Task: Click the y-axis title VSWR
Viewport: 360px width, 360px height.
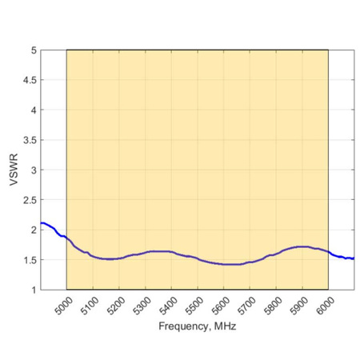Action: point(14,170)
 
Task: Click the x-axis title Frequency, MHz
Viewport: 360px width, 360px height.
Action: point(197,326)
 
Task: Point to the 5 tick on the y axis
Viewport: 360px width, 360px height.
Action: point(34,50)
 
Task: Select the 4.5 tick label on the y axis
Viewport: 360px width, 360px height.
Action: point(30,80)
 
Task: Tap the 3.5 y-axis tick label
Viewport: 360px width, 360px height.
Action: point(30,140)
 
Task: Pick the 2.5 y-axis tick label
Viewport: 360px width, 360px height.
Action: point(30,200)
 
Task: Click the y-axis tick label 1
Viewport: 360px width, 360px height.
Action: point(34,290)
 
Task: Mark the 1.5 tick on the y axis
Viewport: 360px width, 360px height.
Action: point(30,260)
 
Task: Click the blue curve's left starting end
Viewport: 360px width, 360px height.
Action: point(42,223)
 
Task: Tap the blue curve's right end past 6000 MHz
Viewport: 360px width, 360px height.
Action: point(353,258)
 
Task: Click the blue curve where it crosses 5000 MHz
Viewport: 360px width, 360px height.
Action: point(66,238)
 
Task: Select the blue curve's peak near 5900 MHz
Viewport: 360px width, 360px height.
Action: point(302,246)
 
